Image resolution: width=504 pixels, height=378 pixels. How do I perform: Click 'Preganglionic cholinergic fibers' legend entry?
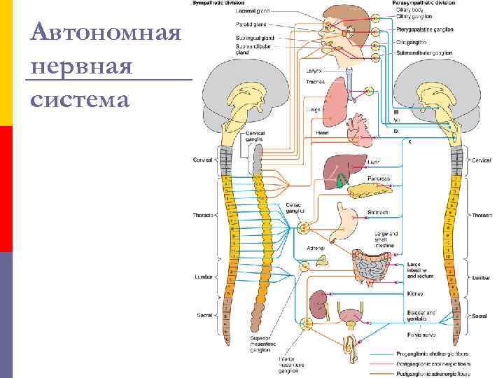point(438,353)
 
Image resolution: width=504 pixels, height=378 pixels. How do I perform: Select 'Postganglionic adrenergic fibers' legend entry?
point(438,373)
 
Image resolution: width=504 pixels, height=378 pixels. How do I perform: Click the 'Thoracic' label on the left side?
point(203,215)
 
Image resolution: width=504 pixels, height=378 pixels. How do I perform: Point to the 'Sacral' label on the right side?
point(479,316)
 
